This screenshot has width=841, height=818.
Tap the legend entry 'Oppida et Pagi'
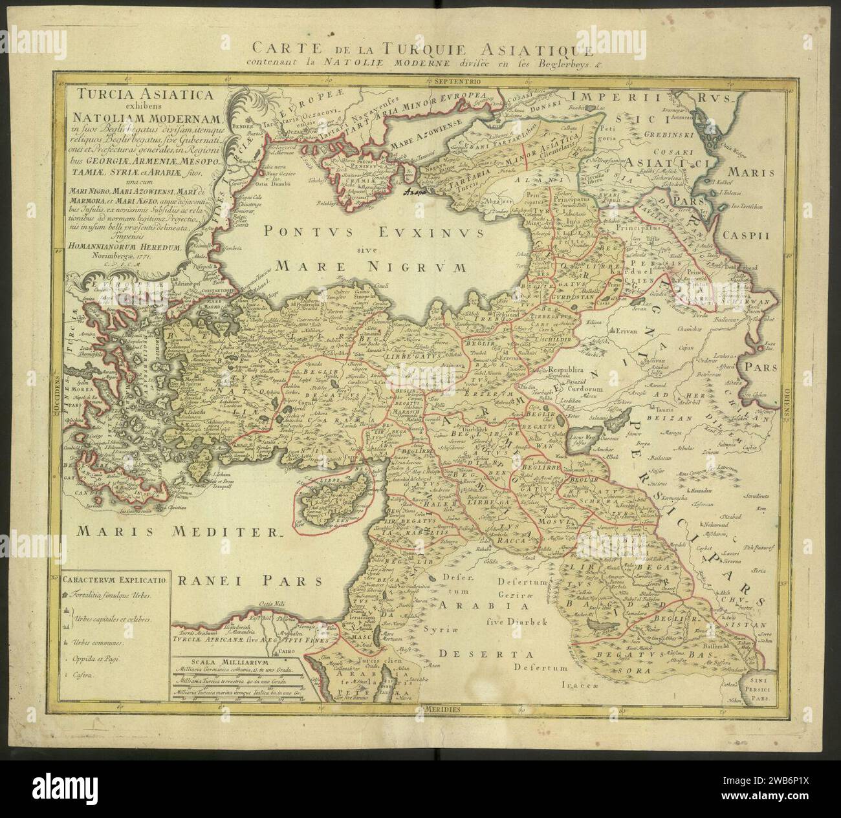(x=104, y=659)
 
